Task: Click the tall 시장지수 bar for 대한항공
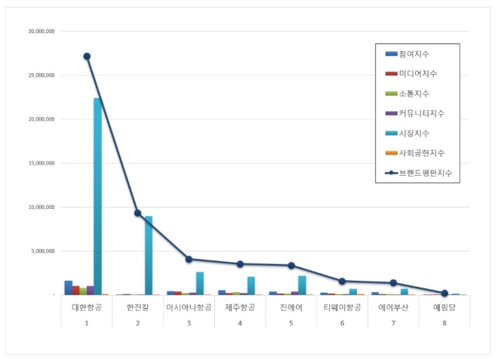98,196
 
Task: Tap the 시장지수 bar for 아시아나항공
200,283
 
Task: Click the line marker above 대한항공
87,56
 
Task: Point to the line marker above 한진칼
137,213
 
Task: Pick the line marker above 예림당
444,293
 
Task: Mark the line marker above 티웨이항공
342,281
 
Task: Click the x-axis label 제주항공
240,307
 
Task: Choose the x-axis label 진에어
291,307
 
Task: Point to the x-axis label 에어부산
393,307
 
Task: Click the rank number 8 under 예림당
444,322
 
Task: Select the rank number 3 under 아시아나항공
189,322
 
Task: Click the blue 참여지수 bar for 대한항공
69,288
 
